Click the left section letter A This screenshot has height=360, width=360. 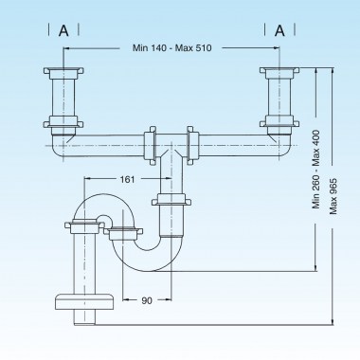pos(63,30)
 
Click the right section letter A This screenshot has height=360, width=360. pos(279,30)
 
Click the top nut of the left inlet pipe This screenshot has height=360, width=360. pos(63,72)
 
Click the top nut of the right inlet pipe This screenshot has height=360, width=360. pos(279,72)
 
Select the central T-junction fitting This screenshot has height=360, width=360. pos(171,147)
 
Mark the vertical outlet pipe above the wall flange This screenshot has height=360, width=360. pos(81,260)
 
